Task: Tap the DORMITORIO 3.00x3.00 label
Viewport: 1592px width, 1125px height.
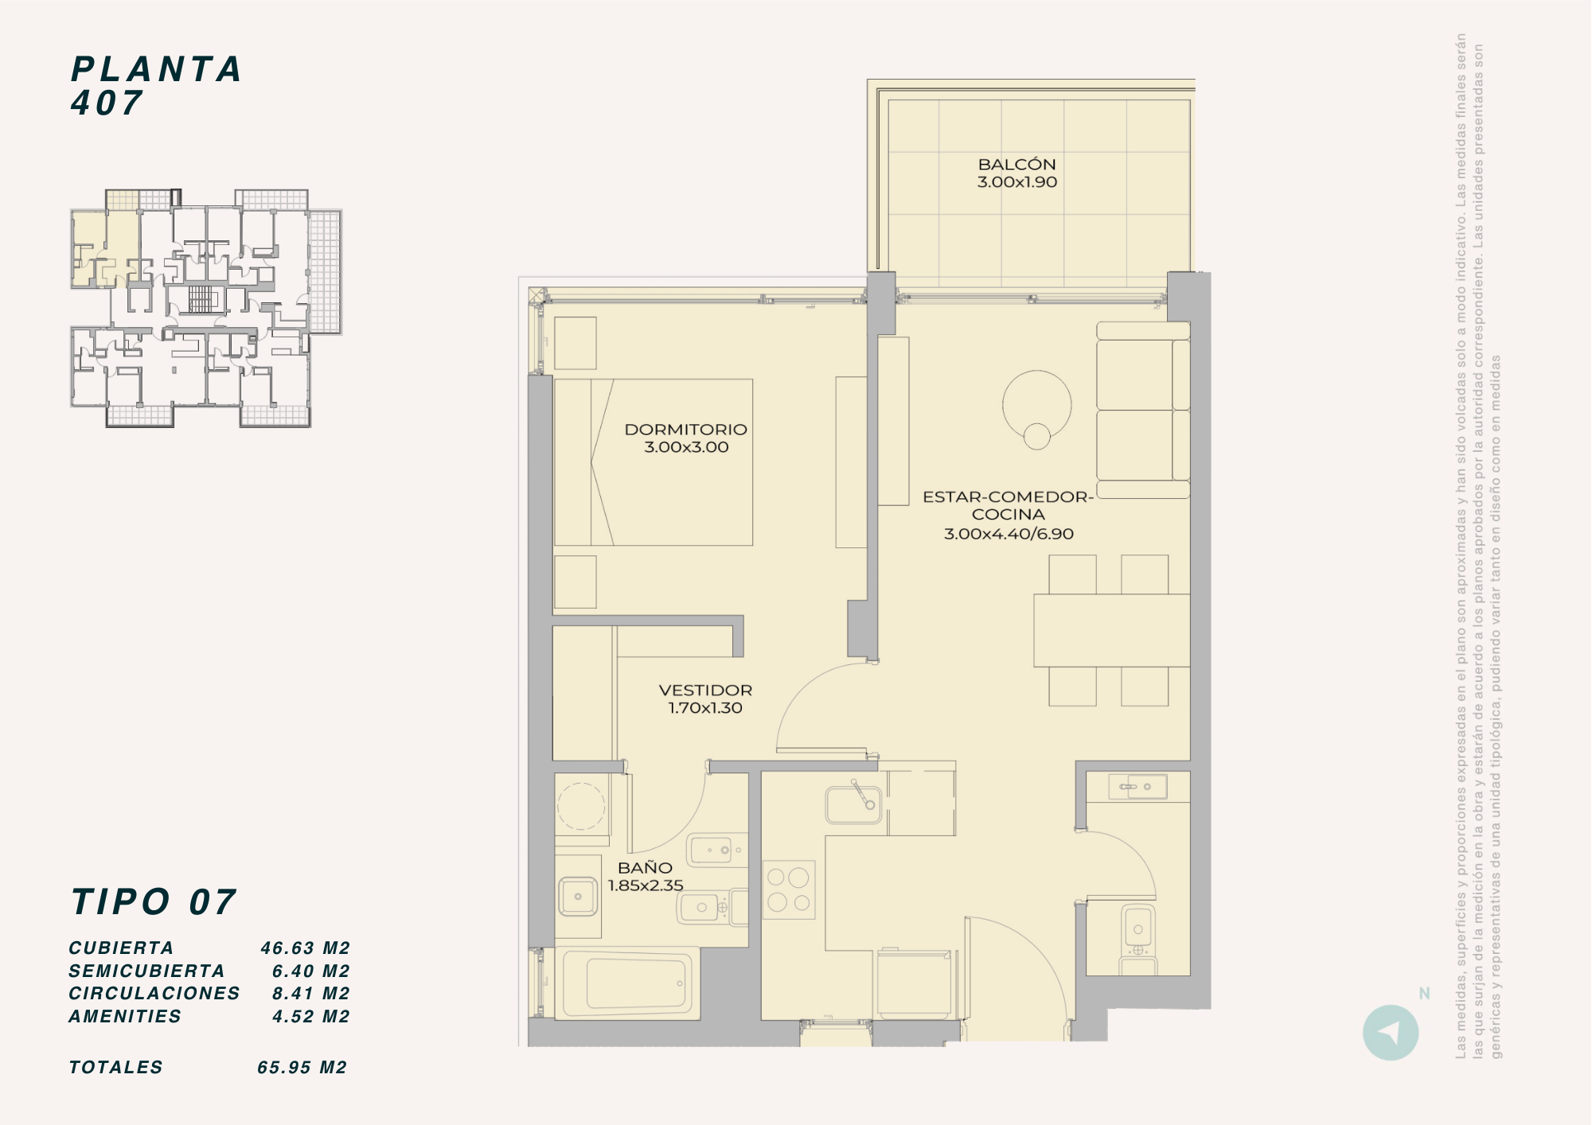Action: (686, 438)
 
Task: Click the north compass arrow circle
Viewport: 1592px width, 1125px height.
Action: (1391, 1033)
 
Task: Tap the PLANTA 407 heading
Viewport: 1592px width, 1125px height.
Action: (156, 86)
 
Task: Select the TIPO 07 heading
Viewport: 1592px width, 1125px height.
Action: (154, 902)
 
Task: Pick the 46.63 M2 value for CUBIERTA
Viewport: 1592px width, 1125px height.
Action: (305, 948)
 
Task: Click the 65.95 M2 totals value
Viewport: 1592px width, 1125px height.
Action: (302, 1068)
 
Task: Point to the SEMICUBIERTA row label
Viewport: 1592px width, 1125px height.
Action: (147, 971)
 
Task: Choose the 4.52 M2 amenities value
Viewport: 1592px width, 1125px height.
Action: (311, 1017)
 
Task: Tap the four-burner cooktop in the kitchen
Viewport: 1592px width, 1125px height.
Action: (789, 890)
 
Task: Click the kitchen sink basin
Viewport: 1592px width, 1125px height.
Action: (853, 804)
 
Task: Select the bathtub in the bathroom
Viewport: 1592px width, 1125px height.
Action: (627, 984)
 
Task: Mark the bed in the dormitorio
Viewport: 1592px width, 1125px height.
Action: (654, 462)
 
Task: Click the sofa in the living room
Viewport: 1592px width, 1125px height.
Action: (1143, 410)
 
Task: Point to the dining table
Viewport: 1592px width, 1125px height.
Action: (1112, 630)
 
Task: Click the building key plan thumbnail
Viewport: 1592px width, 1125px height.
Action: (206, 308)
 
